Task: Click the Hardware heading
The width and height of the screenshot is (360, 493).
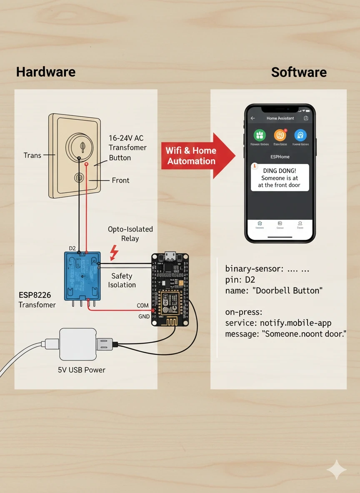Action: point(46,72)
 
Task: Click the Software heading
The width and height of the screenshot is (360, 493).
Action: point(299,72)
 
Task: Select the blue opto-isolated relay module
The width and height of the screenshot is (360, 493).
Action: point(82,275)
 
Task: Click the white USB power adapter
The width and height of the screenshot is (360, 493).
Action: point(78,344)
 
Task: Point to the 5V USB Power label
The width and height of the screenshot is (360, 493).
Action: point(81,370)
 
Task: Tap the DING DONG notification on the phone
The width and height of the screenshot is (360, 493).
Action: point(280,177)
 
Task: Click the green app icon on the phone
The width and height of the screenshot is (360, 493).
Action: point(260,135)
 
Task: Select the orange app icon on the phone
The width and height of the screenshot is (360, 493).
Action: point(280,135)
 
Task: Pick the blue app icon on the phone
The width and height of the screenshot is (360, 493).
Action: point(300,135)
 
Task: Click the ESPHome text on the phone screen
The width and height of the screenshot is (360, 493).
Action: point(280,157)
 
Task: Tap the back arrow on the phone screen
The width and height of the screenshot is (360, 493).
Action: point(252,118)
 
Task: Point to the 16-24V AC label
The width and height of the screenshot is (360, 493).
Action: point(126,137)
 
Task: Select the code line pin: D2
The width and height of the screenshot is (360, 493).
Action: point(240,279)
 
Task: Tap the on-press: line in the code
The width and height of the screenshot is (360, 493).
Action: point(244,312)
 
